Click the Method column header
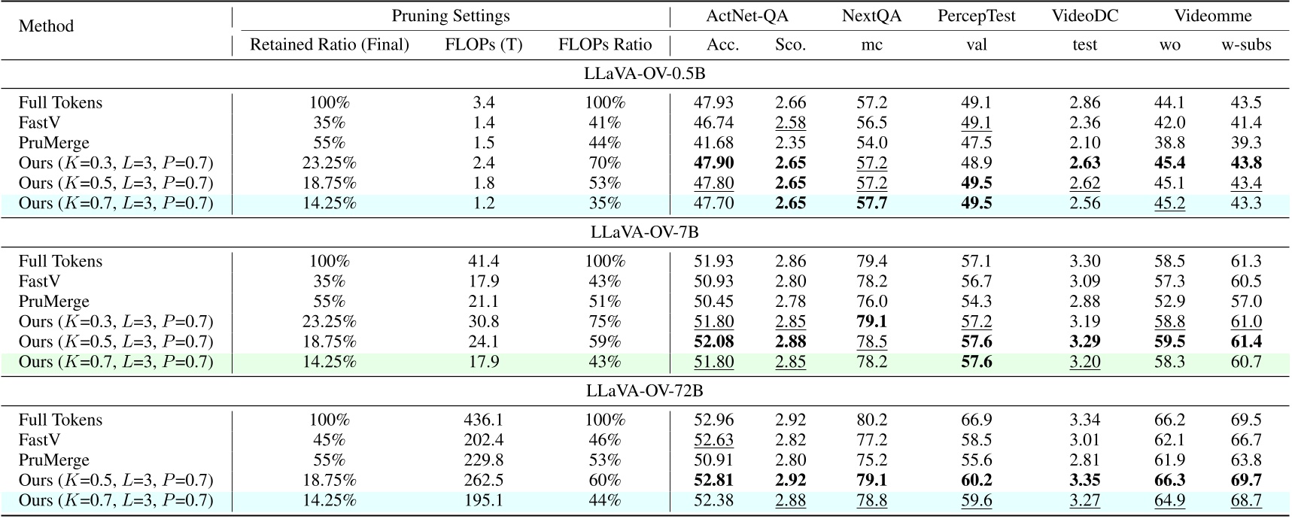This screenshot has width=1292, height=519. pyautogui.click(x=46, y=26)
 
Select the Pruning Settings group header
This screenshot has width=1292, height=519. pyautogui.click(x=450, y=16)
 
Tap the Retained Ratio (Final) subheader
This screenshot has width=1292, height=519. pyautogui.click(x=329, y=45)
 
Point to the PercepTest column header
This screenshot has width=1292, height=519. pyautogui.click(x=976, y=16)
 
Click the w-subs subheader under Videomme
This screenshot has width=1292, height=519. pyautogui.click(x=1245, y=45)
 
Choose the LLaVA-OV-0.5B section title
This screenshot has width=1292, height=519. pyautogui.click(x=644, y=74)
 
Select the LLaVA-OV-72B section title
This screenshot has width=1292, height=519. pyautogui.click(x=644, y=391)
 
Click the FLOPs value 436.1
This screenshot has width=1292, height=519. pyautogui.click(x=483, y=420)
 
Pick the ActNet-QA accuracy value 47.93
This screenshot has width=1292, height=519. pyautogui.click(x=713, y=102)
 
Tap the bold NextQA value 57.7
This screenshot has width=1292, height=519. pyautogui.click(x=871, y=203)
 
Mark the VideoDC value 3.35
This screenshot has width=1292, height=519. pyautogui.click(x=1084, y=480)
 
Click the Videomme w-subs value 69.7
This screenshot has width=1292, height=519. pyautogui.click(x=1245, y=480)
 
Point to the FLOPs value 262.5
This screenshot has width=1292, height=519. pyautogui.click(x=483, y=480)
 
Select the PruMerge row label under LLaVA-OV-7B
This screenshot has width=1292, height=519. pyautogui.click(x=53, y=302)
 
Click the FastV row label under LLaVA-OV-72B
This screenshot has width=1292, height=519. pyautogui.click(x=39, y=440)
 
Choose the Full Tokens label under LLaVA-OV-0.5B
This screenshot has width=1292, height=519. pyautogui.click(x=60, y=102)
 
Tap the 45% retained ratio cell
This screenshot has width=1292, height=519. pyautogui.click(x=329, y=440)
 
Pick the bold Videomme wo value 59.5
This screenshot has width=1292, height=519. pyautogui.click(x=1169, y=341)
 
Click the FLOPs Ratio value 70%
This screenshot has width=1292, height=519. pyautogui.click(x=604, y=163)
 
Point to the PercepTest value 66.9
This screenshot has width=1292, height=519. pyautogui.click(x=976, y=420)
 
